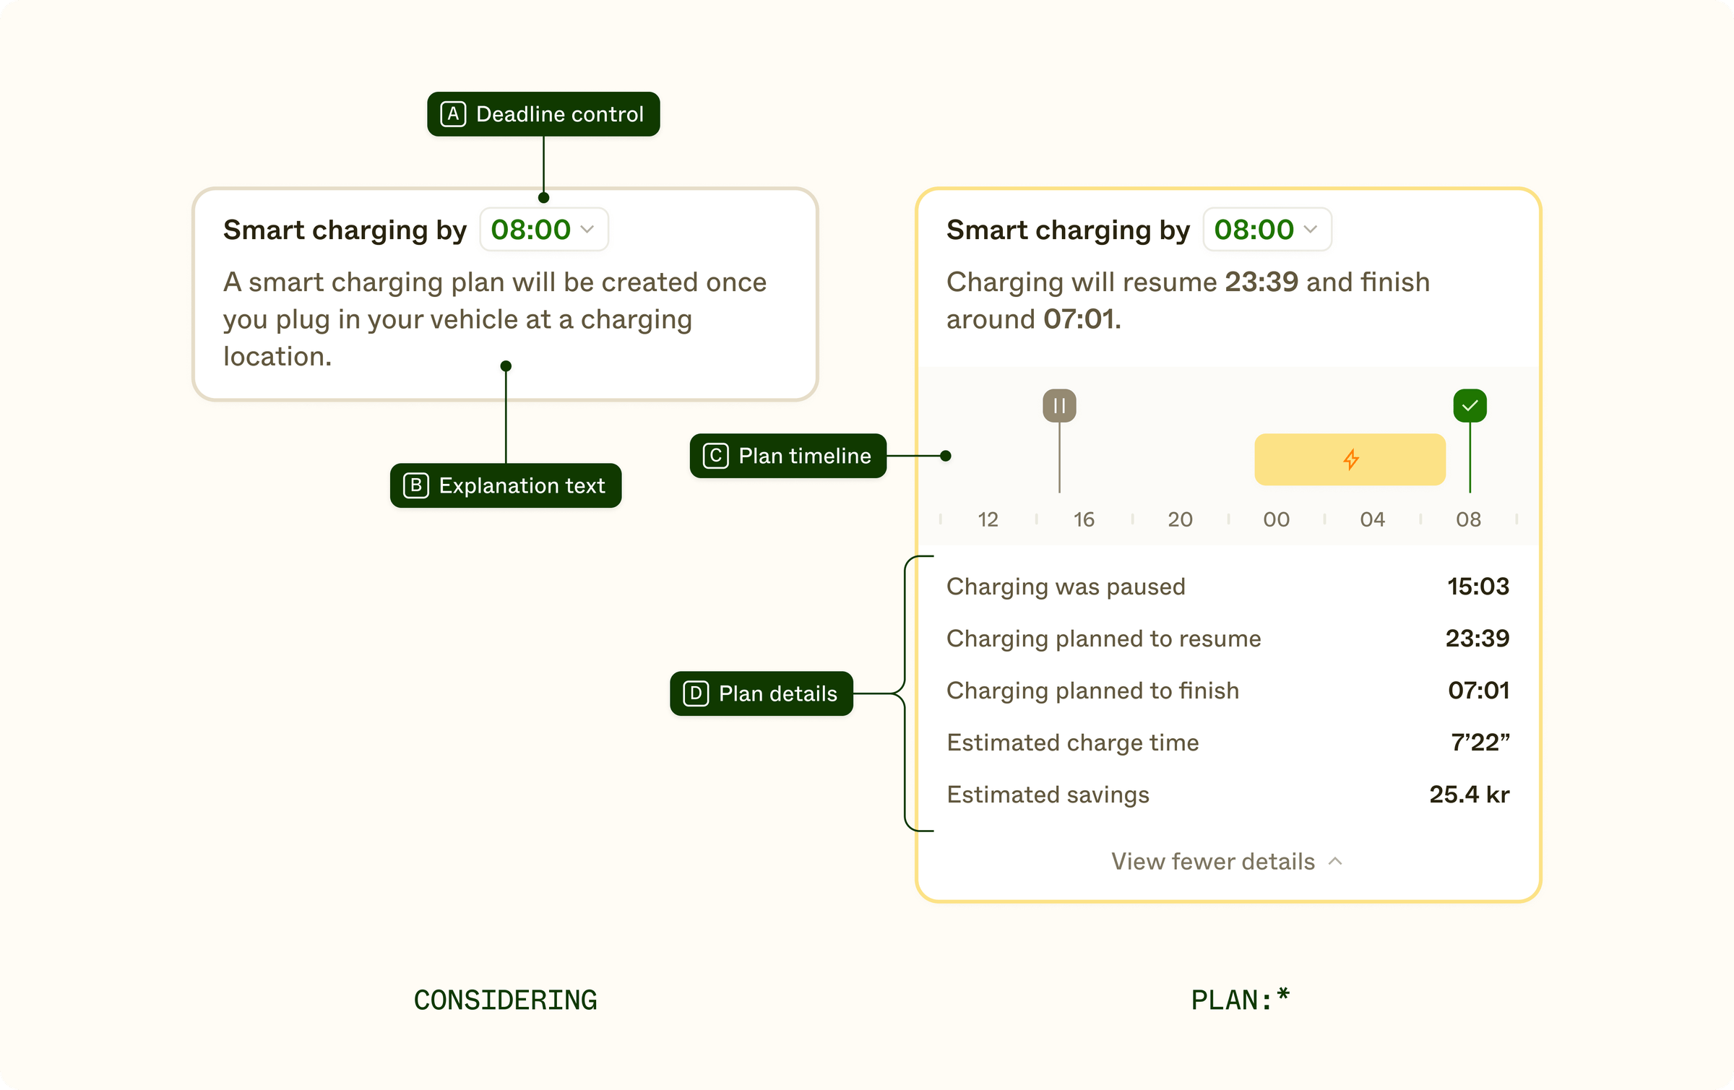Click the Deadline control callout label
coord(543,114)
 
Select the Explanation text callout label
coord(506,485)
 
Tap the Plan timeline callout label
coord(788,456)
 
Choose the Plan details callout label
coord(762,693)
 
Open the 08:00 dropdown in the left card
coord(544,230)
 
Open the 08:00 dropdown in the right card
coord(1267,230)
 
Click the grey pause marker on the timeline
coord(1059,405)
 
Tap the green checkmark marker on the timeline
coord(1470,405)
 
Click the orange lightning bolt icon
coord(1350,459)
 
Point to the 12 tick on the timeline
coord(988,519)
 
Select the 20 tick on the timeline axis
coord(1180,519)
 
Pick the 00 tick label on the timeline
coord(1276,519)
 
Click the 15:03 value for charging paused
coord(1478,587)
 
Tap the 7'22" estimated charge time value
coord(1480,743)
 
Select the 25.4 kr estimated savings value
coord(1469,795)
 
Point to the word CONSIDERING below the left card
coord(505,1000)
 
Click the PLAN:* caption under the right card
coord(1239,1000)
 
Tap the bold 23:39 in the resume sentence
coord(1261,282)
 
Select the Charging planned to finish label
coord(1092,691)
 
